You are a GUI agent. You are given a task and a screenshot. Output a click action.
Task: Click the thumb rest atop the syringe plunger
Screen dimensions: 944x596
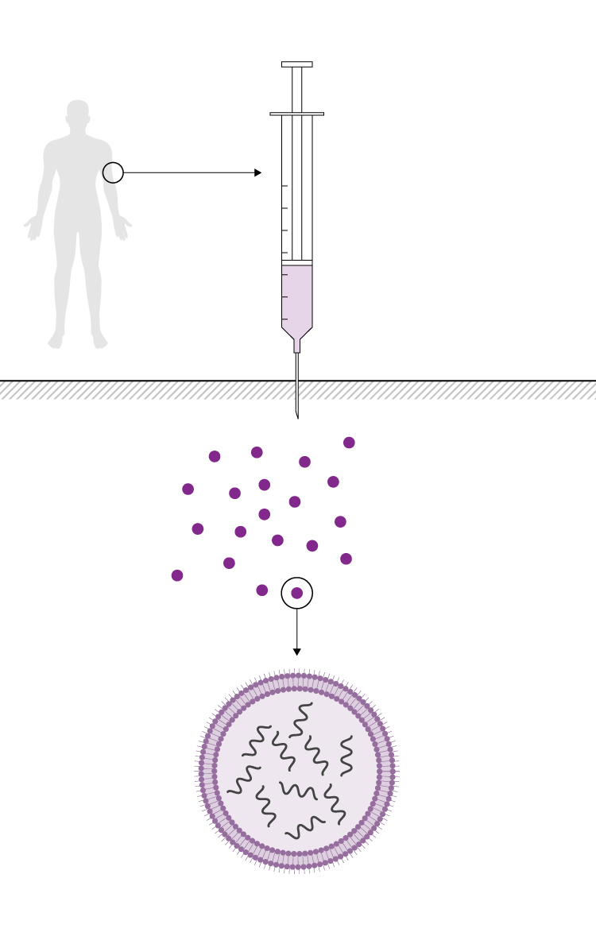296,64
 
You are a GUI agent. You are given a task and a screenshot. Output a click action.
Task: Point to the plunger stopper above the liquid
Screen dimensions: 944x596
296,262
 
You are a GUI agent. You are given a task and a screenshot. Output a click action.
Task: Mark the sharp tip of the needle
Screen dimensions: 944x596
297,416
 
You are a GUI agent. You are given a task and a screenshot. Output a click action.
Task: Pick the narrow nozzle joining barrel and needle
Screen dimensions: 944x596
297,346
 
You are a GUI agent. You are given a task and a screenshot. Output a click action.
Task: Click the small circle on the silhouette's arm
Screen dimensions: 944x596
113,172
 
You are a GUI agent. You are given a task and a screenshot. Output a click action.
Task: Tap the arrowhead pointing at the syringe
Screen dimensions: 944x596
257,172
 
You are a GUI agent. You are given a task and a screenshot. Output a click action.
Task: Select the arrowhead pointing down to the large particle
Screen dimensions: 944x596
297,652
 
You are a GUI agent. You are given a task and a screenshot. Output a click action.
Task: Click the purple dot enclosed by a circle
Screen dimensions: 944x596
297,593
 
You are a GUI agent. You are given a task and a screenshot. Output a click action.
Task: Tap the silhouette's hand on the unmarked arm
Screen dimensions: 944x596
33,228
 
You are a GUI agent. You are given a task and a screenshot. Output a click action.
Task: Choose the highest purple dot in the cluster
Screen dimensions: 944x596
349,443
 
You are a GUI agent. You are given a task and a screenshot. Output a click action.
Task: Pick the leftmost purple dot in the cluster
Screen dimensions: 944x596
177,575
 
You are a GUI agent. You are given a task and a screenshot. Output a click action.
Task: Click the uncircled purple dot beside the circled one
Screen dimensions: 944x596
262,590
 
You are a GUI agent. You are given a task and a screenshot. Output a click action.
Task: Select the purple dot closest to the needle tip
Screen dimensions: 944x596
304,462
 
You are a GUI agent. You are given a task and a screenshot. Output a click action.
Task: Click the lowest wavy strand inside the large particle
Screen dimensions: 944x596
304,828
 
